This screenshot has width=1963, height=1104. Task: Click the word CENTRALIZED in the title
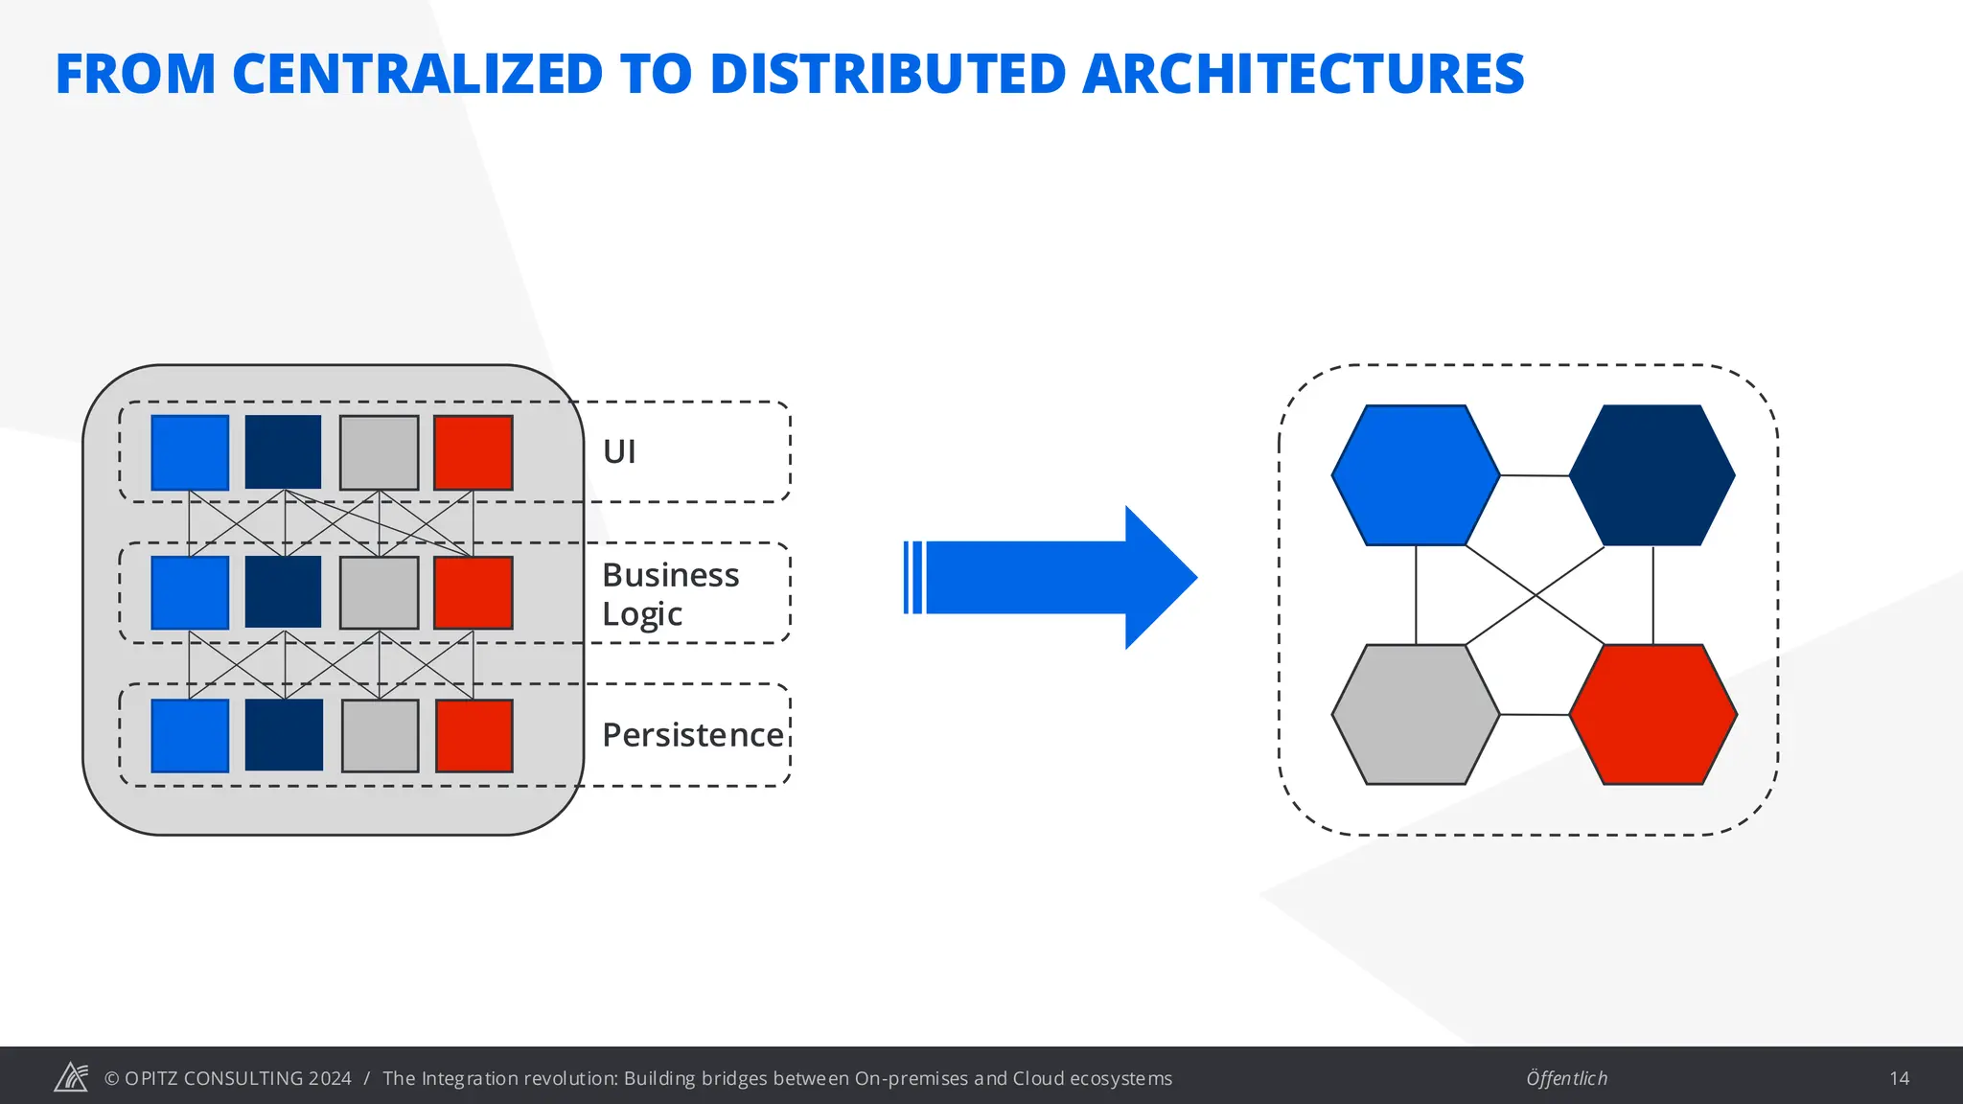[417, 74]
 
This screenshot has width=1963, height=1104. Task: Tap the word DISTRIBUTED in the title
[888, 74]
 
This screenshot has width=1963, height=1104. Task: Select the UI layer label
[619, 451]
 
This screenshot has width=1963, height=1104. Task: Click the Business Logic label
[670, 593]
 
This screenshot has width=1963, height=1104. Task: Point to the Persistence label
[693, 735]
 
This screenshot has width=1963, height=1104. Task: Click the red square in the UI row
[473, 452]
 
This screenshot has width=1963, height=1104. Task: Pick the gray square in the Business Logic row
[380, 593]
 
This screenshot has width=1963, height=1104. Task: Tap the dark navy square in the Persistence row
[284, 735]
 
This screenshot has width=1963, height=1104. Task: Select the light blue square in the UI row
[190, 452]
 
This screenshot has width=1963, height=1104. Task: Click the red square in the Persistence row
[474, 735]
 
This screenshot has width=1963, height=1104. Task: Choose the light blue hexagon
[1416, 475]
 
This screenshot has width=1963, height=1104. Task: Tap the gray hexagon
[1416, 714]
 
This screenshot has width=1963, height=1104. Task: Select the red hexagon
[1653, 714]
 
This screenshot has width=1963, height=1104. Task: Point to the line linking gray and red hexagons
[1535, 715]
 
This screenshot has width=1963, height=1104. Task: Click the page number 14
[1899, 1078]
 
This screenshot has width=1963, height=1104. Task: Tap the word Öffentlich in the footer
[1566, 1078]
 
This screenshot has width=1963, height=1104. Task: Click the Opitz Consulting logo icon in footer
[71, 1077]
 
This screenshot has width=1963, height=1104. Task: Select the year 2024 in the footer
[330, 1078]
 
